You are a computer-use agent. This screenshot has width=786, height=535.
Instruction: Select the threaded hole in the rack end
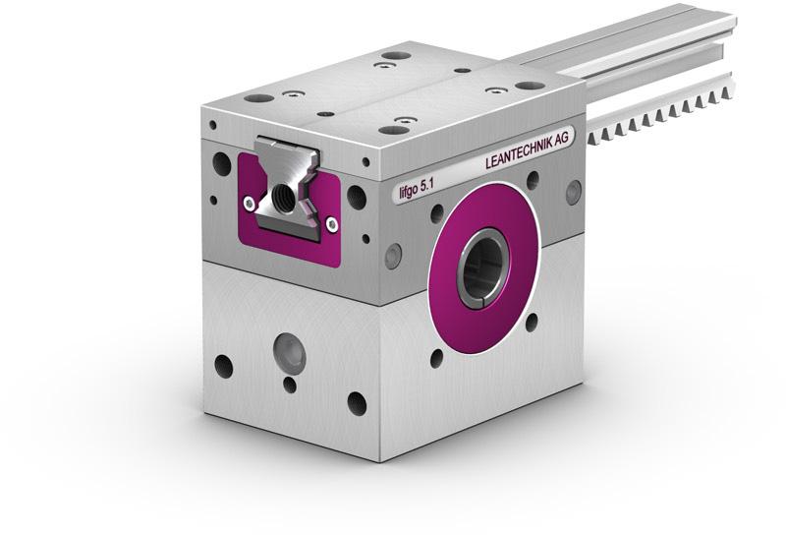click(284, 194)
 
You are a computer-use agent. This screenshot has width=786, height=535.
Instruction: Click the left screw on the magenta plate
click(250, 204)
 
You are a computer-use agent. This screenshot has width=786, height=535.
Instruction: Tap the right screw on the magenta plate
click(331, 224)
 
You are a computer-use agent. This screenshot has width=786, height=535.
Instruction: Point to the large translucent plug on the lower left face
click(289, 351)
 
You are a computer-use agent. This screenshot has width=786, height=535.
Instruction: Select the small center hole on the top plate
click(326, 114)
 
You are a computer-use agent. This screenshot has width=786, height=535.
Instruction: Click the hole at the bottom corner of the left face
click(357, 403)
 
